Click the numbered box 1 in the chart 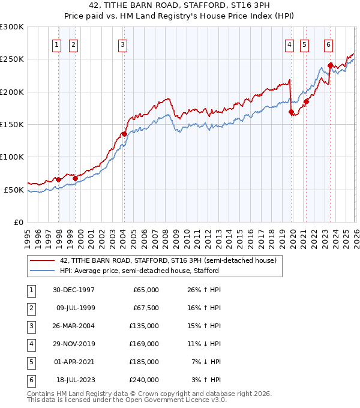[56, 44]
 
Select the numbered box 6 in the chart [328, 44]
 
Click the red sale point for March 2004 [124, 134]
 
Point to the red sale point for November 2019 [291, 112]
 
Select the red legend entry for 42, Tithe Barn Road [167, 260]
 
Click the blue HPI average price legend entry [139, 271]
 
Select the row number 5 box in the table [30, 362]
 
